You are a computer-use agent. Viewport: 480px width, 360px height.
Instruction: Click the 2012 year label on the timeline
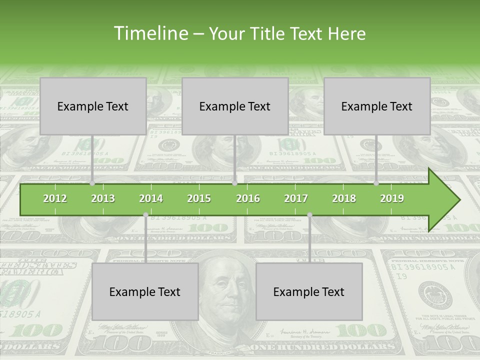click(55, 198)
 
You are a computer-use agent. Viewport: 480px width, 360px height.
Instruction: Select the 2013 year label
click(103, 198)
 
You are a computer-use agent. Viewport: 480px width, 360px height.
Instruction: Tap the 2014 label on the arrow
click(151, 198)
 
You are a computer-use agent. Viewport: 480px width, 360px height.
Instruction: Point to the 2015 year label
click(199, 198)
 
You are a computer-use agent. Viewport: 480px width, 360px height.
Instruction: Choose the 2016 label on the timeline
click(248, 198)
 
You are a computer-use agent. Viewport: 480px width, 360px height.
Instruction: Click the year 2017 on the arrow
click(296, 198)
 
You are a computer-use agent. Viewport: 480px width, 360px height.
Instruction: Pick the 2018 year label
click(344, 198)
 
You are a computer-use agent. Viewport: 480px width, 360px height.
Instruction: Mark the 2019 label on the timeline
click(392, 198)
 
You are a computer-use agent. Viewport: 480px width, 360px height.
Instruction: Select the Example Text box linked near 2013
click(93, 106)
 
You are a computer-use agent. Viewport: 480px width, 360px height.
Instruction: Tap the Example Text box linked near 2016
click(235, 106)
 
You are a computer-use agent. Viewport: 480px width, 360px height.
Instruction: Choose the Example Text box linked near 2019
click(377, 106)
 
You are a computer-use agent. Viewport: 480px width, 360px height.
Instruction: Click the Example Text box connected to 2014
click(145, 291)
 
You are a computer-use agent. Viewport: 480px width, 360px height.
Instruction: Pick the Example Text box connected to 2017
click(309, 291)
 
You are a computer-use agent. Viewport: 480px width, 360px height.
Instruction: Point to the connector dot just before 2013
click(92, 183)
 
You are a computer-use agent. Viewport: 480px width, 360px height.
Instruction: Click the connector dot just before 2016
click(234, 183)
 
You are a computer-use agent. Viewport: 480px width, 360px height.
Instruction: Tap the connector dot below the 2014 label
click(145, 215)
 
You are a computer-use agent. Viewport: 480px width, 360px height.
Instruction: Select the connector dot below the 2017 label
click(309, 215)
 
